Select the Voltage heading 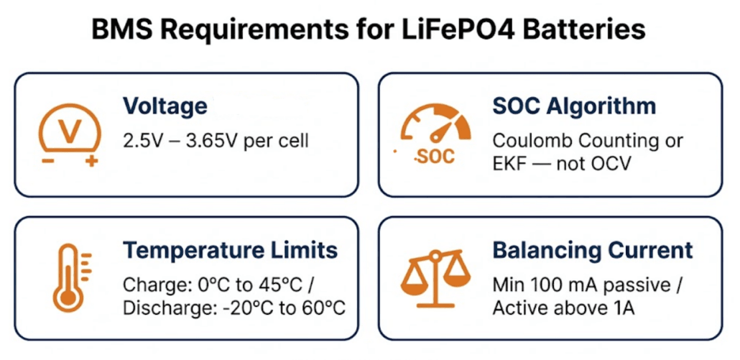[x=165, y=106]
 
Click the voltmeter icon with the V [x=70, y=131]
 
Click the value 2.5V [x=139, y=139]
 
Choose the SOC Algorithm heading [x=573, y=106]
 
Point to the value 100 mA [x=558, y=284]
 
